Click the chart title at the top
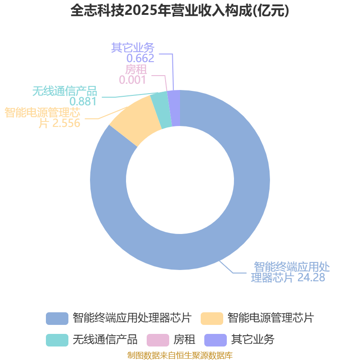coord(180,11)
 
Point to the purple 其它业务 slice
coord(175,108)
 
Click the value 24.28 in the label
coord(311,277)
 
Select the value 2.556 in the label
coord(66,123)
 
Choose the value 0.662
coord(140,58)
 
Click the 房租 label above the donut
coord(136,70)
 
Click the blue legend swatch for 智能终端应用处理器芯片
coord(57,318)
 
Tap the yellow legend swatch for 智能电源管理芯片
coord(211,318)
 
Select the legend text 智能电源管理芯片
coord(270,318)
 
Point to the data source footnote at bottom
coord(180,355)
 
